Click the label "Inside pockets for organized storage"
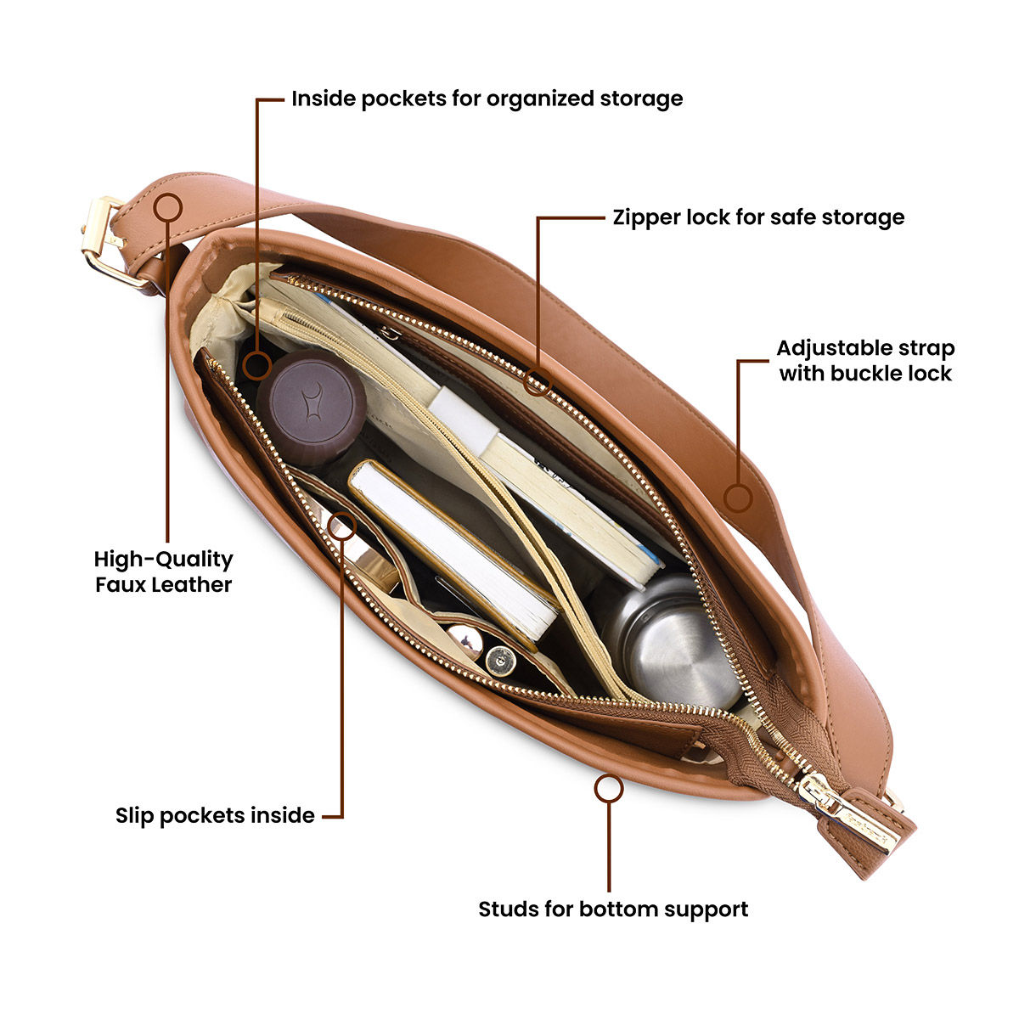tap(487, 99)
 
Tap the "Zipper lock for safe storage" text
tap(758, 217)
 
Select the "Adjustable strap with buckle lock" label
tap(865, 361)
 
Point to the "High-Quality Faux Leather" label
tap(163, 571)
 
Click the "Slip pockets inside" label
tap(215, 815)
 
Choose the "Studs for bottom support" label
tap(613, 909)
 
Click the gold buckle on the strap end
tap(106, 242)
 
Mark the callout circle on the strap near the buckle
tap(169, 206)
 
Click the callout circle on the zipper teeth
tap(535, 381)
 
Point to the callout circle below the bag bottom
tap(608, 789)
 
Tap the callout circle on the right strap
tap(738, 497)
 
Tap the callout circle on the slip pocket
tap(341, 526)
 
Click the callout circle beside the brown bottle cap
tap(256, 366)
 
